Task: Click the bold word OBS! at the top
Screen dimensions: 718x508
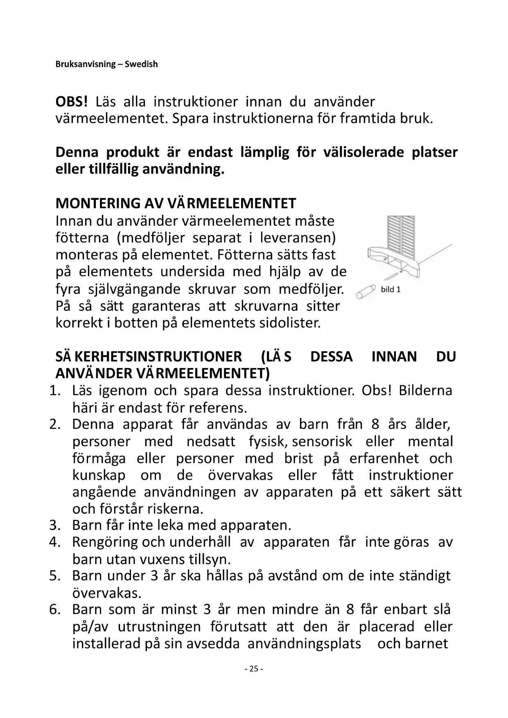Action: point(72,102)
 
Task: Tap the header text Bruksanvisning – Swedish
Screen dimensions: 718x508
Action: point(106,64)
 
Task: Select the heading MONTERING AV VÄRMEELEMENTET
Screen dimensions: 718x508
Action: point(176,203)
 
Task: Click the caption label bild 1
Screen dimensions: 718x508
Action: point(391,290)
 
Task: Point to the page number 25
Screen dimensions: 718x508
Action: point(253,668)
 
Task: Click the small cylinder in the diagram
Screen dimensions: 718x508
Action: point(366,292)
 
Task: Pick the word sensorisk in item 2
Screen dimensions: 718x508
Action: point(322,441)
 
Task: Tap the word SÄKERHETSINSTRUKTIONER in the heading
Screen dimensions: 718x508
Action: point(149,357)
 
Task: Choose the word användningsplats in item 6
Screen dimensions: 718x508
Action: point(304,643)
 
